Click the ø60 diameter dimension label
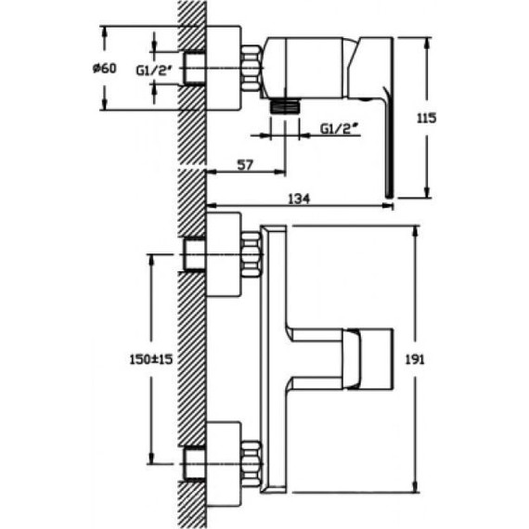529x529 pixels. [x=105, y=69]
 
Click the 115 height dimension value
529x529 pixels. [x=426, y=118]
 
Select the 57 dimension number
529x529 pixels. [x=245, y=165]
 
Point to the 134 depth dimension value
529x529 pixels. [x=299, y=199]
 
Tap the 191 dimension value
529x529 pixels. [x=415, y=360]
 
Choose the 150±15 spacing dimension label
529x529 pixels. [x=150, y=359]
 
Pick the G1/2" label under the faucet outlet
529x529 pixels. [x=339, y=129]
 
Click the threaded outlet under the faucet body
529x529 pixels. [x=285, y=106]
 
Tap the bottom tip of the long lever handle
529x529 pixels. [x=390, y=197]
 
